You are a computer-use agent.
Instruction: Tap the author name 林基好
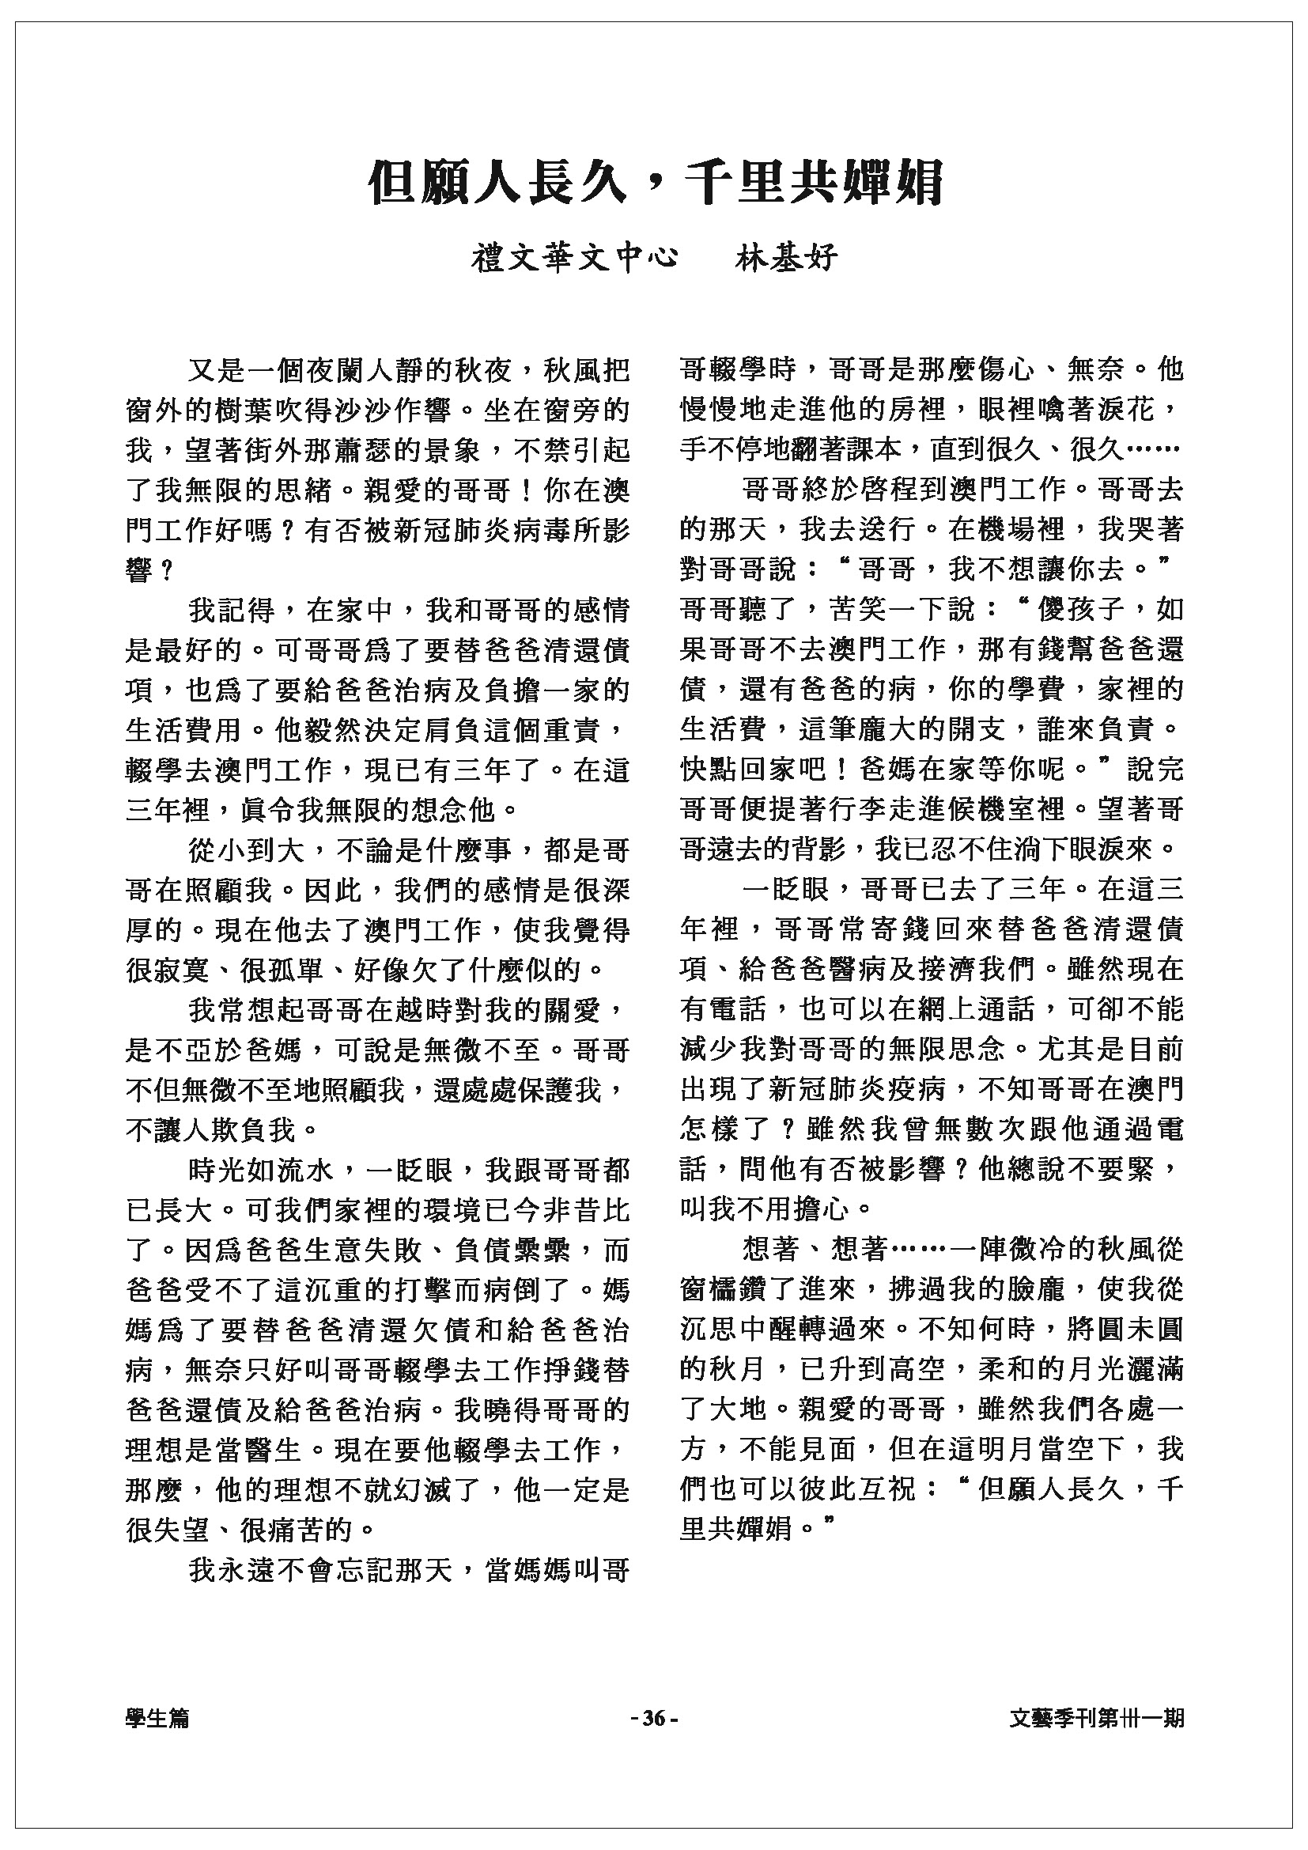tap(787, 258)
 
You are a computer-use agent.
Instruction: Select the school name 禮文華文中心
tap(574, 258)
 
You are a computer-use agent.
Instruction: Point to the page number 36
tap(654, 1719)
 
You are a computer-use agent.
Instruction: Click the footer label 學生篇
tap(158, 1719)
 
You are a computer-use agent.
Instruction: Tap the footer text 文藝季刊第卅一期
tap(1096, 1719)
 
